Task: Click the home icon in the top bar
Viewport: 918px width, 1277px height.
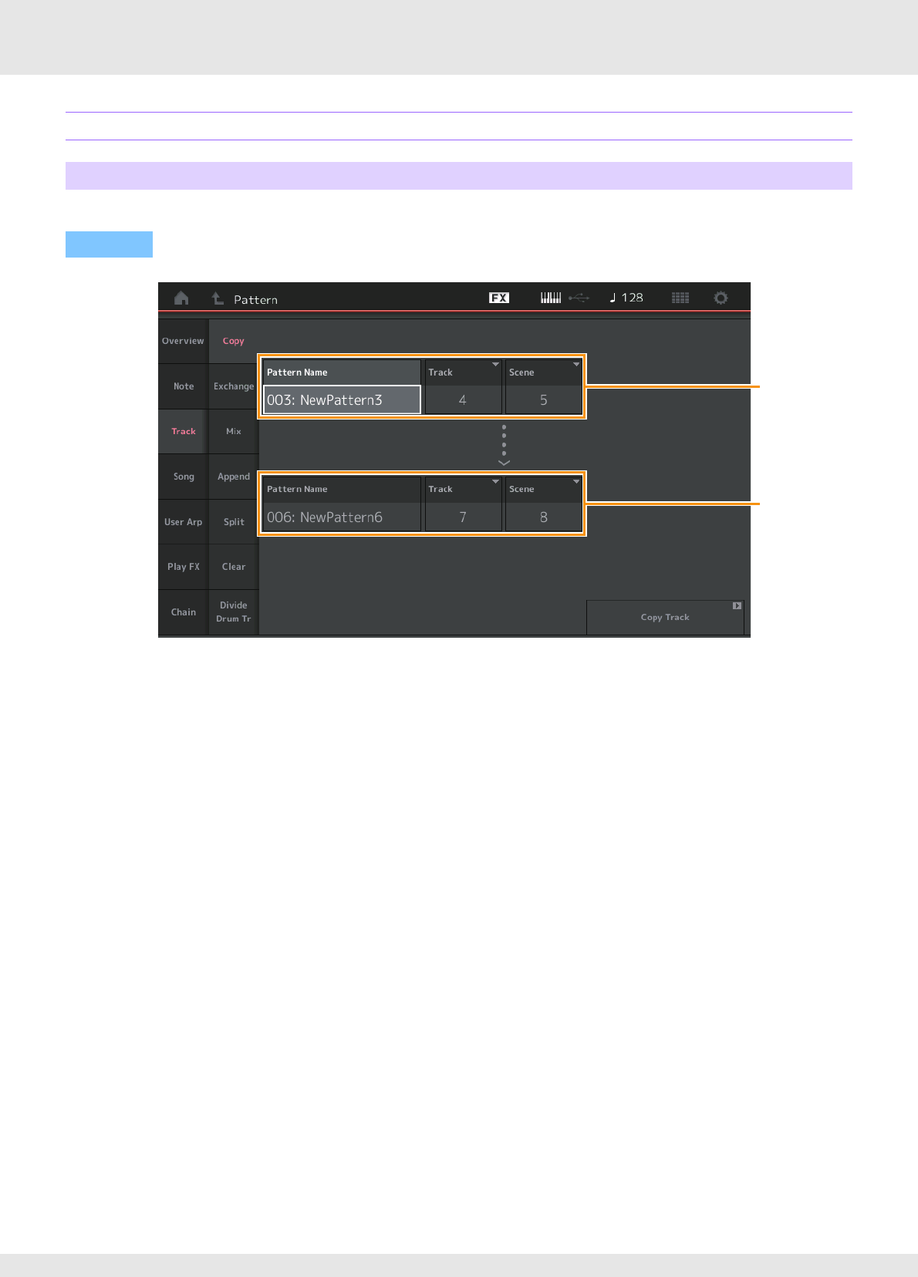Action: [x=181, y=298]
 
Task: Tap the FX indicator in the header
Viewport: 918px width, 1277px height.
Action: [x=499, y=298]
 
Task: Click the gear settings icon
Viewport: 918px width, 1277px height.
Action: [x=721, y=298]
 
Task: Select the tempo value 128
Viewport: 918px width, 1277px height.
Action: [x=626, y=298]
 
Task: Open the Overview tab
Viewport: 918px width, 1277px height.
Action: [x=183, y=341]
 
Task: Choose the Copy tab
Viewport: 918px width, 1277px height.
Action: [x=233, y=341]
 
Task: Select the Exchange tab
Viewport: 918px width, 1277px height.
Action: [x=233, y=386]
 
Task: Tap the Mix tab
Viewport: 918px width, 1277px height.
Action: [x=233, y=431]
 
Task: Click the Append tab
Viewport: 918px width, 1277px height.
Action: [x=233, y=477]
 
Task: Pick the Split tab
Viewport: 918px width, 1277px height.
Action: [x=233, y=522]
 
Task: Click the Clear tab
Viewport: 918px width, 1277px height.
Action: [x=233, y=567]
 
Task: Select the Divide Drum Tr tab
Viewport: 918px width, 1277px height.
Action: [x=233, y=612]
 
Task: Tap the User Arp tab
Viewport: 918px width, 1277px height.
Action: [x=183, y=522]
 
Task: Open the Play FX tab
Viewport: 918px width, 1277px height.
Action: [x=183, y=567]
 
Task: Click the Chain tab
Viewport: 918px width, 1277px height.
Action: [x=183, y=612]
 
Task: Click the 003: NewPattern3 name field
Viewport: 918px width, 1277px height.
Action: [x=342, y=400]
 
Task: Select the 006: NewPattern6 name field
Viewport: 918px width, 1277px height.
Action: [x=342, y=517]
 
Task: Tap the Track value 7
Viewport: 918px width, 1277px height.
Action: [x=463, y=517]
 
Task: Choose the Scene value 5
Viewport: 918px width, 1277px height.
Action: [x=543, y=400]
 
